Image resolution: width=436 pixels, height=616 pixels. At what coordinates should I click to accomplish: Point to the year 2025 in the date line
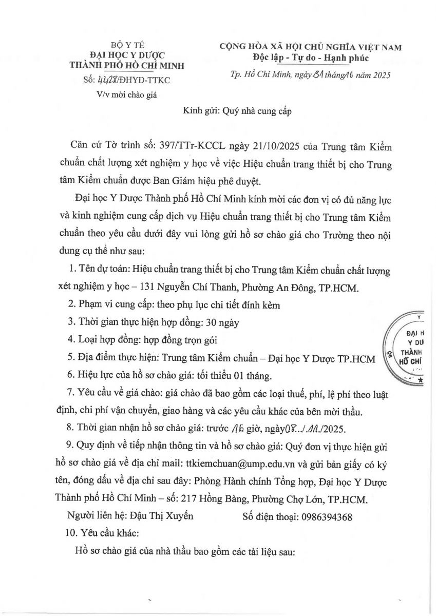pos(380,75)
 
